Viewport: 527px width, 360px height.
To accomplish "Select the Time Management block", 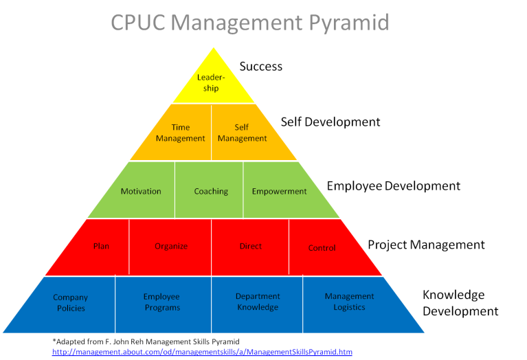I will (x=180, y=133).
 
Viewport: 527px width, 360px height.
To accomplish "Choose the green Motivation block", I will (x=141, y=191).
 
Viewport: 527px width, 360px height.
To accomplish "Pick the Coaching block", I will (x=211, y=191).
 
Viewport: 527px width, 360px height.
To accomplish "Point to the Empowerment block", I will (x=279, y=191).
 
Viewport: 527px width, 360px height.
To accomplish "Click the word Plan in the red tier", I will (x=101, y=246).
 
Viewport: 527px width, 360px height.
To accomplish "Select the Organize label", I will (x=171, y=246).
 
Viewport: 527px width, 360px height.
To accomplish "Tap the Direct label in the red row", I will (x=251, y=246).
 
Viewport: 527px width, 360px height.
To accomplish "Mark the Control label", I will (x=322, y=248).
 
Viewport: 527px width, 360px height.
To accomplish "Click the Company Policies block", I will (x=71, y=302).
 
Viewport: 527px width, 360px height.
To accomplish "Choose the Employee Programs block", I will (x=162, y=302).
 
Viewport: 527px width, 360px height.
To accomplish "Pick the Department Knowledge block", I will (x=258, y=302).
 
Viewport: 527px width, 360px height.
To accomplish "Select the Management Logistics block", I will (x=349, y=302).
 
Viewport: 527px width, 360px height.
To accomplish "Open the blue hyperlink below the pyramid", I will (x=202, y=352).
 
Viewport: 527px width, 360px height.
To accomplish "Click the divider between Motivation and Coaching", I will (x=175, y=190).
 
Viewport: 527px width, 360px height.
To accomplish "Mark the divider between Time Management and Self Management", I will (x=211, y=132).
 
